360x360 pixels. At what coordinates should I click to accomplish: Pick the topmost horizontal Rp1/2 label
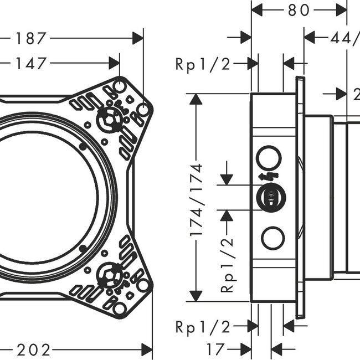point(203,64)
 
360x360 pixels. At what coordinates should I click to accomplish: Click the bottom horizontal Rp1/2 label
point(203,327)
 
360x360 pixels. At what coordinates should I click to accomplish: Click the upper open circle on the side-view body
point(270,158)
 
